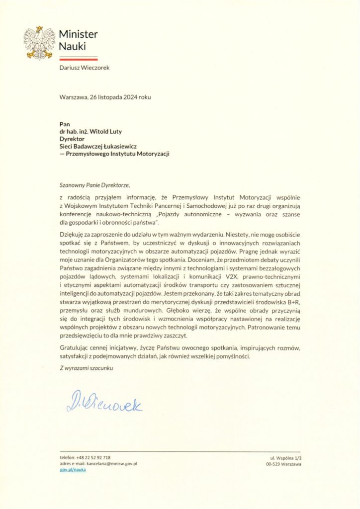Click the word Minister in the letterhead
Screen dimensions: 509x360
78,34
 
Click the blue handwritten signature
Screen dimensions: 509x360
104,403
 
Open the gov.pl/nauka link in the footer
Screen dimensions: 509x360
72,469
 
